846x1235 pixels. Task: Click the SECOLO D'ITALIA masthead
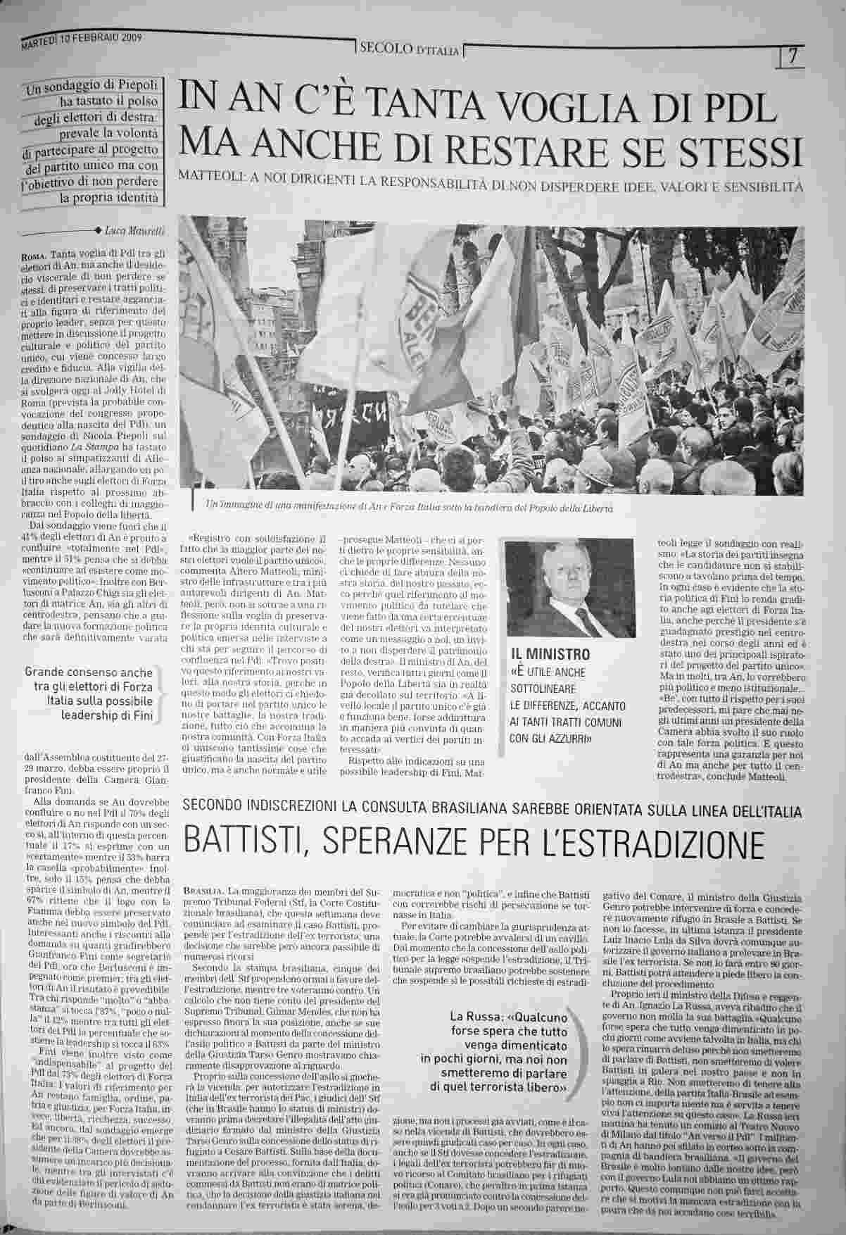point(409,49)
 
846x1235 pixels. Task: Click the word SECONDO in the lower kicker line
point(214,805)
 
